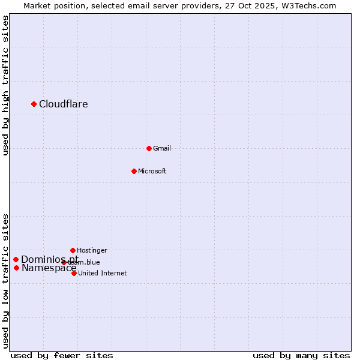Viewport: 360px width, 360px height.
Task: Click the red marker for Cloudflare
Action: tap(34, 104)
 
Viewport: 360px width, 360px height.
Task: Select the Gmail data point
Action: tap(149, 148)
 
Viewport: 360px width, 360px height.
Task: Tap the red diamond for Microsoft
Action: tap(134, 171)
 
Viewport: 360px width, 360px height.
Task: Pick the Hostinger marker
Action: tap(73, 250)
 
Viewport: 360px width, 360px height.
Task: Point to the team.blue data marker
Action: tap(64, 262)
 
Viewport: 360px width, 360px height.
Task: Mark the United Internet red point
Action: tap(74, 273)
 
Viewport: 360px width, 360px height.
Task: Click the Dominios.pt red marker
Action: tap(16, 259)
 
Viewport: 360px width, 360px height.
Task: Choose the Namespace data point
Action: tap(16, 268)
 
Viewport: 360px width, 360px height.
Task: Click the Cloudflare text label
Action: tap(64, 104)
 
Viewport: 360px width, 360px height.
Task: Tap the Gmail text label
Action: tap(162, 148)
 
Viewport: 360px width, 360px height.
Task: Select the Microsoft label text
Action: tap(152, 171)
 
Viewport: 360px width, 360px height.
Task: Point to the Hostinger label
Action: tap(92, 250)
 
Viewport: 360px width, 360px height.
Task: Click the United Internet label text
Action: tap(103, 273)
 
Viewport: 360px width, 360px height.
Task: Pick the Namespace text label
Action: tap(49, 268)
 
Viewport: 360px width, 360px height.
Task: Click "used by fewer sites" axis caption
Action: tap(62, 355)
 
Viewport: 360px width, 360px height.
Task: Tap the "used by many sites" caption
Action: tap(301, 355)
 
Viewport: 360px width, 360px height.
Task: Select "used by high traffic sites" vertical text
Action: tap(6, 85)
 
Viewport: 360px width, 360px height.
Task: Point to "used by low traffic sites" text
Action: tap(6, 280)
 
